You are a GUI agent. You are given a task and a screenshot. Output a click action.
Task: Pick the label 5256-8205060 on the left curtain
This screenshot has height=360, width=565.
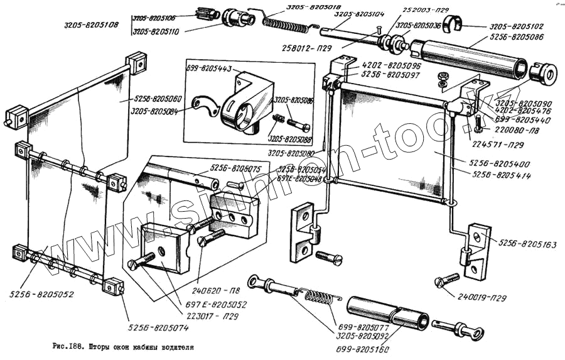pyautogui.click(x=157, y=99)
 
